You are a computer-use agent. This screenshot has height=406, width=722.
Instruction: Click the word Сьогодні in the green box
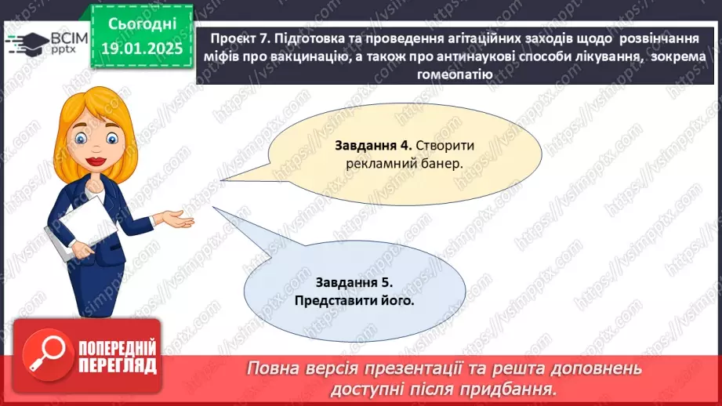click(x=142, y=24)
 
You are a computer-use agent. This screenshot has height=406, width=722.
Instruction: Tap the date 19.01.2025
click(x=142, y=49)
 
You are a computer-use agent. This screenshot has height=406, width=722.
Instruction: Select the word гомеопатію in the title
click(x=455, y=74)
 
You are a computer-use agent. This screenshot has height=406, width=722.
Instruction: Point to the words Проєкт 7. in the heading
click(x=240, y=38)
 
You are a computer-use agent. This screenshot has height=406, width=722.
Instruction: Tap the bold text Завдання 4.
click(x=373, y=146)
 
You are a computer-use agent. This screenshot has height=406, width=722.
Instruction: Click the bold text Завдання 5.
click(x=354, y=282)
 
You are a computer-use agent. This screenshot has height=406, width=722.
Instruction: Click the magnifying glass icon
click(x=48, y=354)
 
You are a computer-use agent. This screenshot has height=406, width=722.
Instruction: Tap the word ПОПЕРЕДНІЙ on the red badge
click(x=118, y=349)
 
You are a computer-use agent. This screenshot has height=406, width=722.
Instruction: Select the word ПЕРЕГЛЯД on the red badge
click(x=118, y=366)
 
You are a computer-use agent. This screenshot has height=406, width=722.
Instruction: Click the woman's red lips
click(x=96, y=161)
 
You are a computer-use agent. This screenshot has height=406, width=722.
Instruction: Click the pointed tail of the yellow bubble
click(x=222, y=180)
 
